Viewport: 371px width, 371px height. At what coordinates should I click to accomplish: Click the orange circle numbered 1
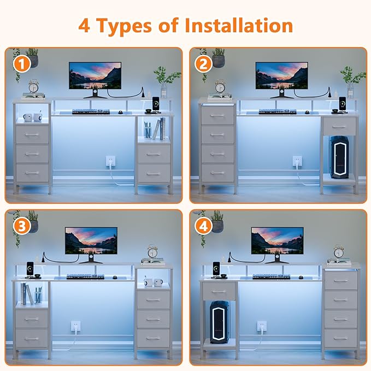coord(22,64)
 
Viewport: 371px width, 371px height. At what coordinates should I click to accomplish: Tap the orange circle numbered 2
coord(203,64)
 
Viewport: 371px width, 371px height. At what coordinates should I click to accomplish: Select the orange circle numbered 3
coord(22,226)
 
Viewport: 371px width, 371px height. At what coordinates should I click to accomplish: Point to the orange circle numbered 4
coord(203,226)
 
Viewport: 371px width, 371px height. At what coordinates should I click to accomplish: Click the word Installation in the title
coord(239,25)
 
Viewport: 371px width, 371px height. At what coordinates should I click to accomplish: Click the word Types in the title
coord(125,26)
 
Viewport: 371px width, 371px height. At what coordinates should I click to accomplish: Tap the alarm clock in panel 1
coord(33,86)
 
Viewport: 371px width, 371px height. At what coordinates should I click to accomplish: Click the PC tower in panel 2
coord(339,157)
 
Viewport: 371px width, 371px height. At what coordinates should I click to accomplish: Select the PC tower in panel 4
coord(219,322)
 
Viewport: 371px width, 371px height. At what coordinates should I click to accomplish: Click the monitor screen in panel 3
coord(91,240)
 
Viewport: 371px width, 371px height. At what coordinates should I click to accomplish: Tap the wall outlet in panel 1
coord(110,161)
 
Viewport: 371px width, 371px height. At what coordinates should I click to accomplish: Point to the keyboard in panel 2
coord(278,111)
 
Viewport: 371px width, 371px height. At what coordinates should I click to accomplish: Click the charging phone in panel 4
coord(216,268)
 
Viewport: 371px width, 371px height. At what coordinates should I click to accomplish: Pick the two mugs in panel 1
coord(32,117)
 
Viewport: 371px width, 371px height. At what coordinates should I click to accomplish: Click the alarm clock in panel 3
coord(152,252)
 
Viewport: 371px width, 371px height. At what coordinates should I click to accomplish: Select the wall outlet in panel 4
coord(262,326)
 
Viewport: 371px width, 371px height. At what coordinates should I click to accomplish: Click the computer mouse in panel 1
coord(120,112)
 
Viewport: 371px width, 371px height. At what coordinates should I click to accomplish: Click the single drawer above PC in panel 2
coord(339,126)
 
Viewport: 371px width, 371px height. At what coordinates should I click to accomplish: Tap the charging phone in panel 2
coord(342,103)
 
